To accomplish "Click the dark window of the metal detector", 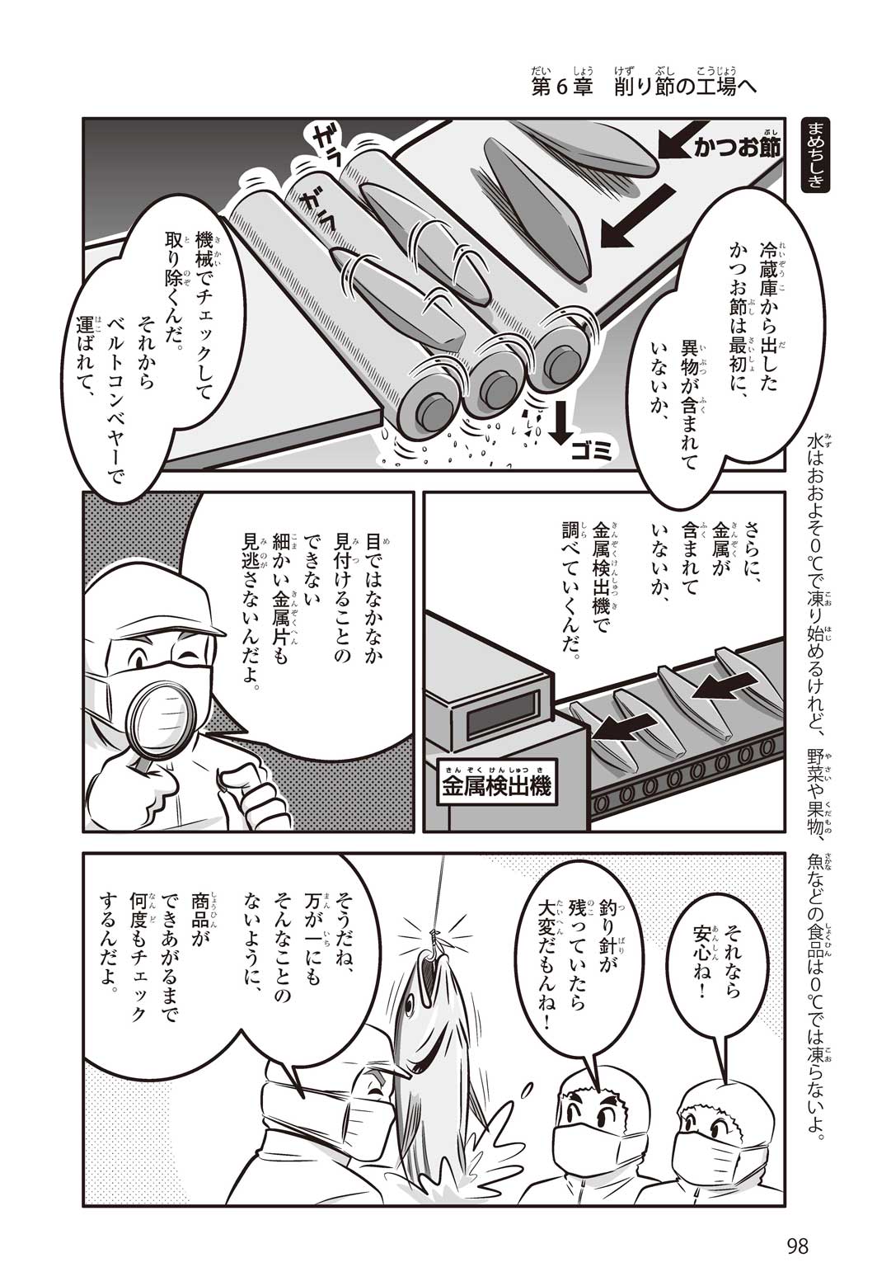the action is click(504, 714).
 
